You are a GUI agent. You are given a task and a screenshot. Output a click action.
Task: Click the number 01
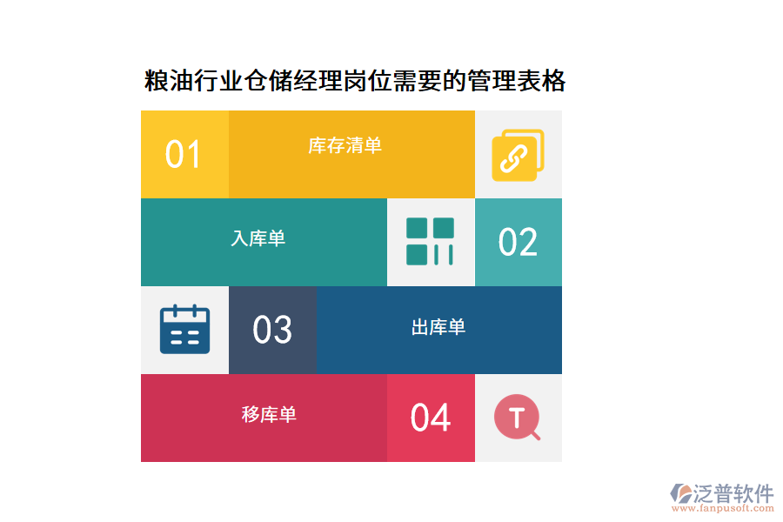click(x=184, y=155)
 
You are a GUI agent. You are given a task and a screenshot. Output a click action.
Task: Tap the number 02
click(x=518, y=243)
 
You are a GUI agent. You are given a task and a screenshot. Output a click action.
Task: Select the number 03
click(x=272, y=331)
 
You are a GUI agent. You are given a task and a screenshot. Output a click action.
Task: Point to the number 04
click(x=431, y=418)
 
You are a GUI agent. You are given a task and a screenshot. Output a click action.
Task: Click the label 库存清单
click(x=345, y=145)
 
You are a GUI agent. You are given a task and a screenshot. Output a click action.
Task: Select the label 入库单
click(x=258, y=238)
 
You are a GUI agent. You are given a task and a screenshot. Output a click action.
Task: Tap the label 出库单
click(x=438, y=327)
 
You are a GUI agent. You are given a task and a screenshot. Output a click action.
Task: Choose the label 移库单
click(x=270, y=415)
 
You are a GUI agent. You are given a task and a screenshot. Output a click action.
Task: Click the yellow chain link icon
click(x=517, y=155)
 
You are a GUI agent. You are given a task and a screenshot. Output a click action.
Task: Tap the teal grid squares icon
click(x=430, y=242)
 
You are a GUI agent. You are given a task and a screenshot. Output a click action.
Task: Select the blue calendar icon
click(x=185, y=329)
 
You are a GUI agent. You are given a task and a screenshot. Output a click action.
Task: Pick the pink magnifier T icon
click(x=518, y=418)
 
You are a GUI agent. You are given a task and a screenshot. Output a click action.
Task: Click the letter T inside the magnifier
click(x=516, y=418)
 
